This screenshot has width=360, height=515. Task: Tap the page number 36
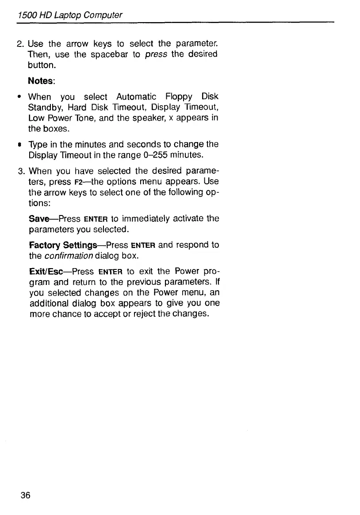coord(25,495)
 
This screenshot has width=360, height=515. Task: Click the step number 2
coord(19,44)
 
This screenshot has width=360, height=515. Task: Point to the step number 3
coord(19,172)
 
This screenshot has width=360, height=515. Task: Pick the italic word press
coord(154,54)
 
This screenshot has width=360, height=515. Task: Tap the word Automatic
coord(136,96)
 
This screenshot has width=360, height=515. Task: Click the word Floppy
coord(179,96)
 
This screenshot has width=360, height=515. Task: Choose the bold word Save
coord(38,219)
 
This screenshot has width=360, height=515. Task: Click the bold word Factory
coord(45,245)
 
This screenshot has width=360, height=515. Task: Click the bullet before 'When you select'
coord(20,96)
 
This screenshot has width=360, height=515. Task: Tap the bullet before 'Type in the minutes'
coord(20,145)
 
